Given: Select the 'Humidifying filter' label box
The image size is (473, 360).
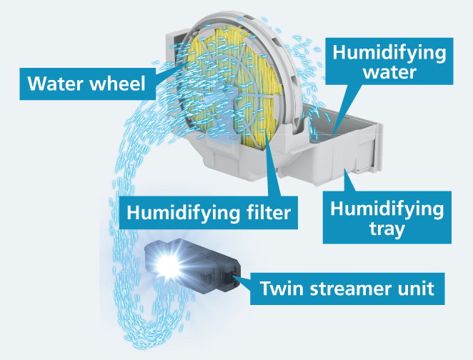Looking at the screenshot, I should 210,211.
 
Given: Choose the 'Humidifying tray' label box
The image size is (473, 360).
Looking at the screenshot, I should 387,219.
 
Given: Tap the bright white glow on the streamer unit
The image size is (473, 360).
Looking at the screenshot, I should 169,266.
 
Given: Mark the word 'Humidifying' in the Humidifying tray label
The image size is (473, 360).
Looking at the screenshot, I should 387,208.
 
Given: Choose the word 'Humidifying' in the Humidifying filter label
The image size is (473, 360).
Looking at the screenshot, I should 183,211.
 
